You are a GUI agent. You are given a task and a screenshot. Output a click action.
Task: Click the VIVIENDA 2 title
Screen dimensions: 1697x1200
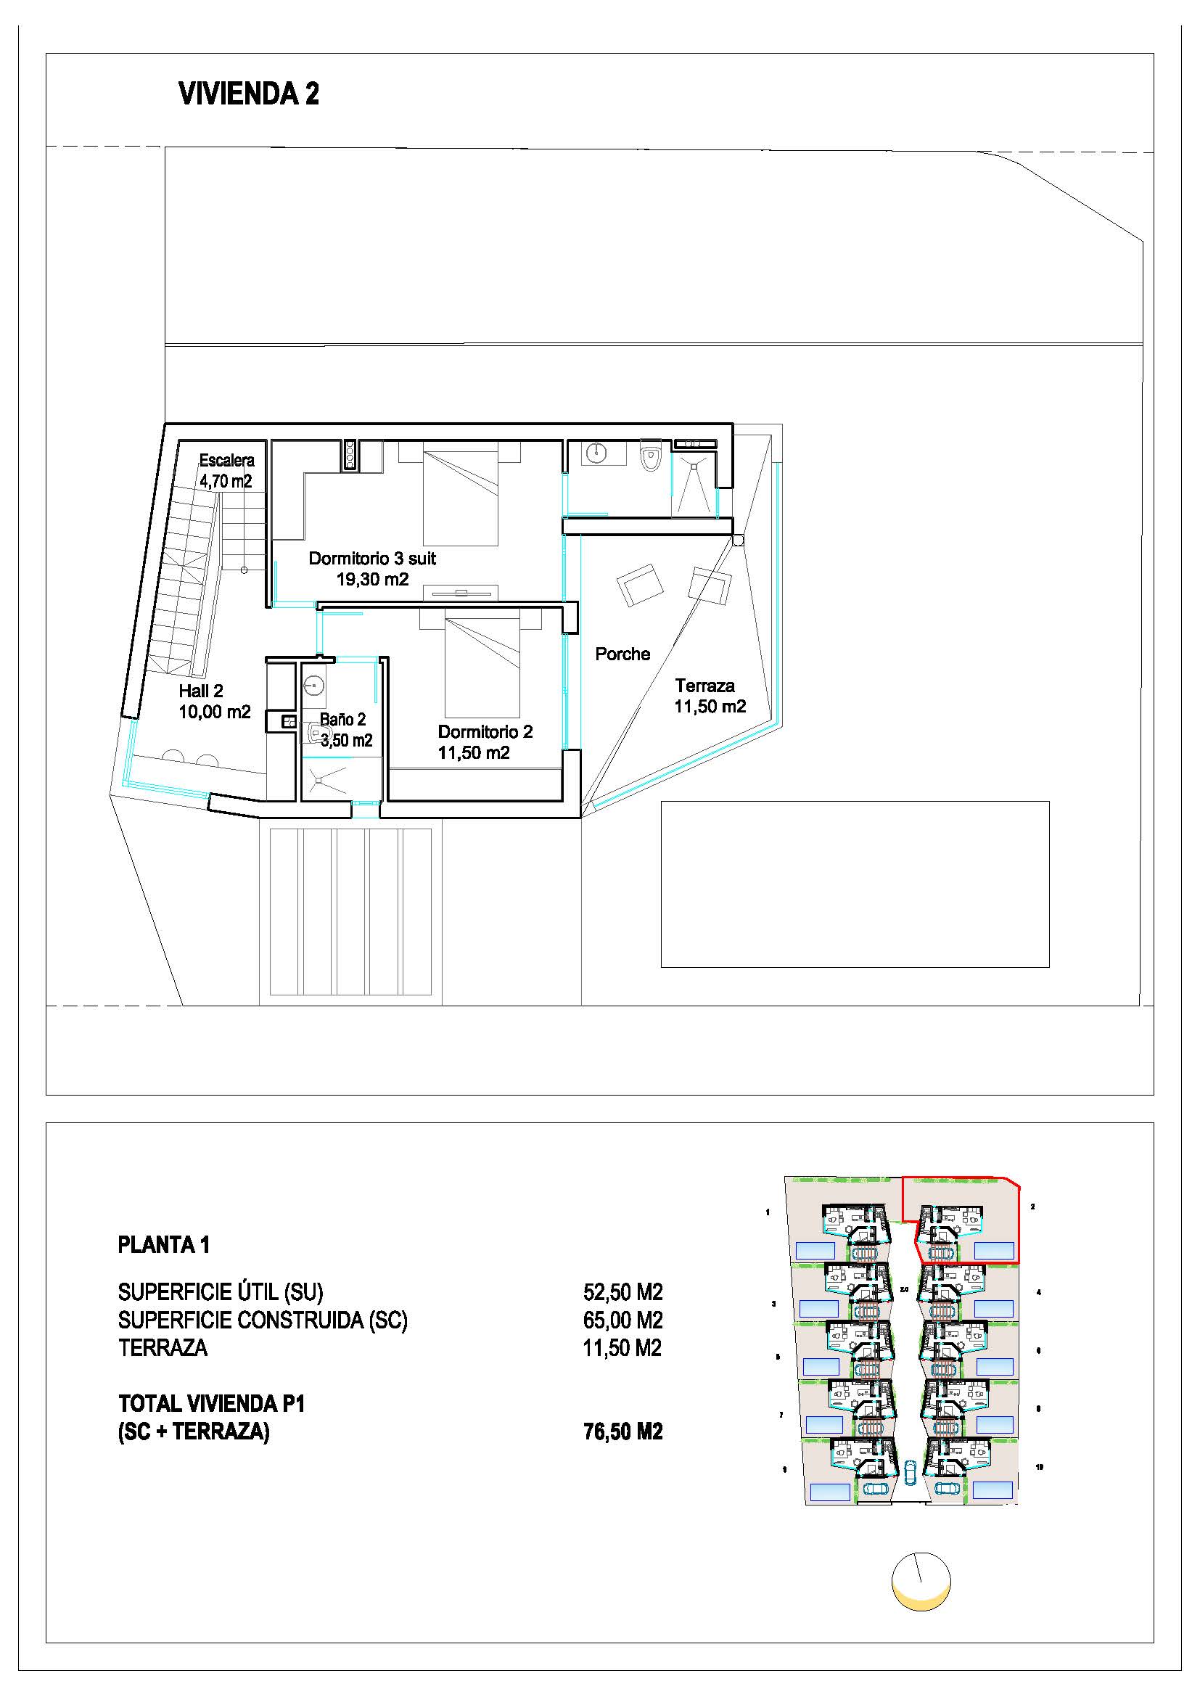(x=248, y=94)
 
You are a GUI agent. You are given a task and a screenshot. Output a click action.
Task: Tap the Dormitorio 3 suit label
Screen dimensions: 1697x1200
(x=371, y=559)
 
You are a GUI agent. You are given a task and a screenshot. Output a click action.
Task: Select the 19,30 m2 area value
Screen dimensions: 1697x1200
(x=372, y=580)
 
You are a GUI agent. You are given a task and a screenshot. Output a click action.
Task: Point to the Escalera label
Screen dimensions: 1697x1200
(x=226, y=461)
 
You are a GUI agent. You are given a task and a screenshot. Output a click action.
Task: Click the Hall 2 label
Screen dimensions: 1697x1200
(x=200, y=691)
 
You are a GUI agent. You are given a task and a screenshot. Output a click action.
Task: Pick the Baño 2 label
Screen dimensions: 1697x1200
(x=342, y=719)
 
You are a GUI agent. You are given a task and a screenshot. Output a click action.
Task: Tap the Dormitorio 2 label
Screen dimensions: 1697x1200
(x=485, y=732)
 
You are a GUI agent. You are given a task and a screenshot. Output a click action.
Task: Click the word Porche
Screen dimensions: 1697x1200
(x=622, y=654)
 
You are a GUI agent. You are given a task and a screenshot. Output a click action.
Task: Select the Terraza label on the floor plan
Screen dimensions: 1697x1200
(x=704, y=686)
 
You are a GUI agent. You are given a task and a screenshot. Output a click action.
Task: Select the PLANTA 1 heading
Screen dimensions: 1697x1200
(x=163, y=1246)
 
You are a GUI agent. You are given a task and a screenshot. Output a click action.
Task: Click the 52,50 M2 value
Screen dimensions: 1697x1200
(x=622, y=1293)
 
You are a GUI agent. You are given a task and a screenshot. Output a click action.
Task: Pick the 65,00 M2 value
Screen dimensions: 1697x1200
(x=622, y=1320)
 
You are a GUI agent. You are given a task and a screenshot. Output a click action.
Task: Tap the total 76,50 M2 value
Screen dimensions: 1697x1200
(x=622, y=1431)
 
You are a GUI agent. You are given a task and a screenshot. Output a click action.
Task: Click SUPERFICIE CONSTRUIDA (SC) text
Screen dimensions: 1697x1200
(x=263, y=1320)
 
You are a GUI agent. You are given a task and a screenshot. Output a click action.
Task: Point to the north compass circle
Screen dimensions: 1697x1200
(x=921, y=1581)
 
